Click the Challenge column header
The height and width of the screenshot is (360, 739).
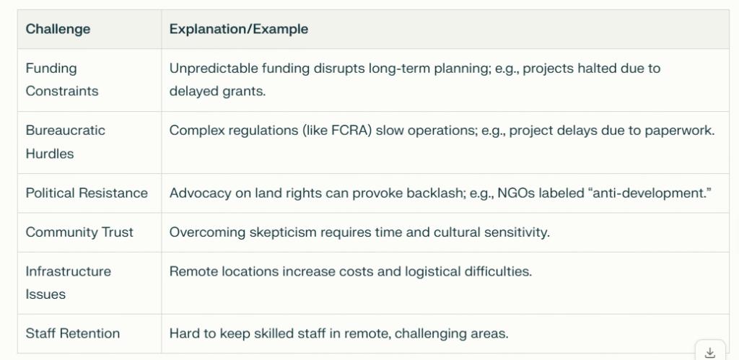point(58,29)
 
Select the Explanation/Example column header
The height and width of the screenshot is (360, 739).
point(238,29)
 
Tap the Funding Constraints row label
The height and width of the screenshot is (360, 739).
point(62,79)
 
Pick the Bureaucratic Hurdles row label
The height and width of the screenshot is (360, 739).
point(66,142)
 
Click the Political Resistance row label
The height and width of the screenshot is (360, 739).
point(87,193)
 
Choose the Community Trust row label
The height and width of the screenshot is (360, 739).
point(79,232)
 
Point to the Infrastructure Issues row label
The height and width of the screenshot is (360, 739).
point(69,283)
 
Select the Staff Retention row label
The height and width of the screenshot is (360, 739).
point(73,333)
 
